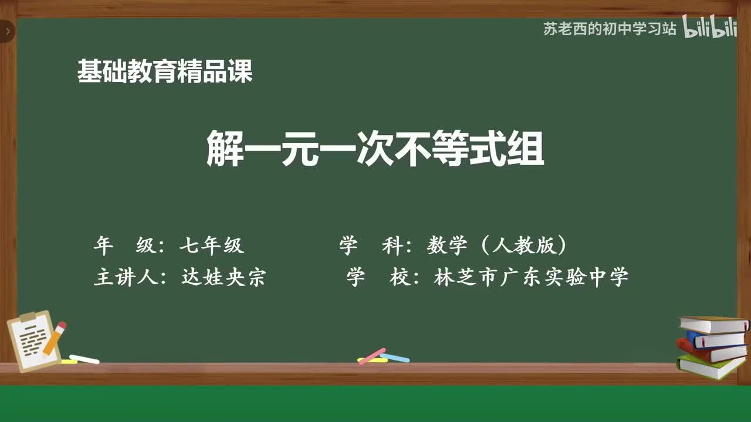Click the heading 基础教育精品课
click(x=165, y=72)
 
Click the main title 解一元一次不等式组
click(x=375, y=149)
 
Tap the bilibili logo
click(x=710, y=28)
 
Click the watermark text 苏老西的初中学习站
click(x=610, y=29)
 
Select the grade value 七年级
click(x=212, y=246)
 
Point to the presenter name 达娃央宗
click(x=223, y=277)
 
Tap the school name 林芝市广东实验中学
click(x=531, y=277)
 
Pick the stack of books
click(x=712, y=347)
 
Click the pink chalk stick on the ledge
click(x=371, y=356)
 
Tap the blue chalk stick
click(x=395, y=358)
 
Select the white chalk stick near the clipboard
click(x=84, y=359)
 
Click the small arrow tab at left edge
click(x=7, y=31)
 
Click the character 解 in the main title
click(x=225, y=149)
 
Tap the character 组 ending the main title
click(x=526, y=149)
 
